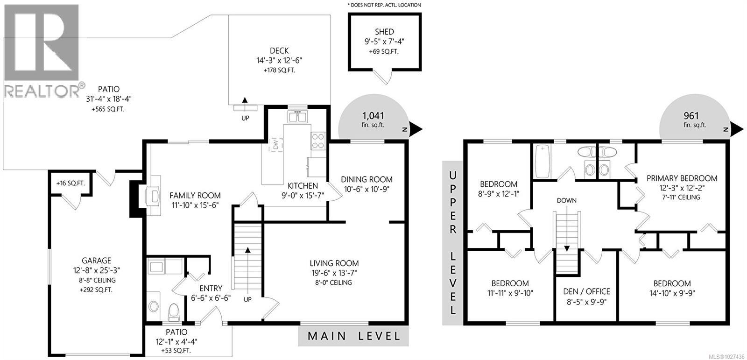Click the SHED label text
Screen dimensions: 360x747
click(x=384, y=32)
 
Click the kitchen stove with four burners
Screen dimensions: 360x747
click(x=318, y=141)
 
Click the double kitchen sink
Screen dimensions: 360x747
click(x=297, y=116)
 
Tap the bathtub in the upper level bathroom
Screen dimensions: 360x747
click(x=543, y=162)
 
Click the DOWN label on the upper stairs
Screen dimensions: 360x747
click(x=566, y=200)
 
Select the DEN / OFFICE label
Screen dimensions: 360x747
click(x=586, y=291)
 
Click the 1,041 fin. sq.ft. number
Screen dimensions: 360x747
click(x=373, y=116)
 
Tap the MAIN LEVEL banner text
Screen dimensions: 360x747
click(x=353, y=336)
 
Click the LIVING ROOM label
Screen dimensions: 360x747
click(x=334, y=263)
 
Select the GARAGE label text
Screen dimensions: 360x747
click(x=97, y=261)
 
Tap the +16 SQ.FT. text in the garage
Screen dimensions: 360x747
click(x=70, y=184)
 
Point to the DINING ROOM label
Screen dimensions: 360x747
click(x=366, y=179)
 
